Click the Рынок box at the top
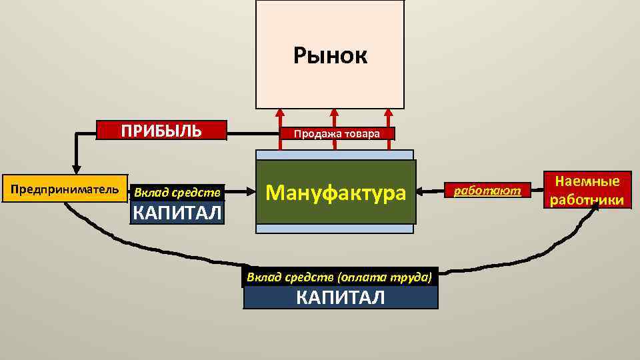(330, 55)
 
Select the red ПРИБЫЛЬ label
(161, 130)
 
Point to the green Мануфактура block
(335, 192)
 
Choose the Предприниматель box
(65, 189)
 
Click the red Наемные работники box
(587, 190)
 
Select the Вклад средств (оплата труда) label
(341, 277)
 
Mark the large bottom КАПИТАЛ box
(341, 297)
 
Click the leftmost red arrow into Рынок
(280, 117)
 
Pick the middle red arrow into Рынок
(333, 117)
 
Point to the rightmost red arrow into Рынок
(386, 117)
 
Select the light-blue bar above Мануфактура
(335, 155)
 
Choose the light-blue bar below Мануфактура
(335, 228)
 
